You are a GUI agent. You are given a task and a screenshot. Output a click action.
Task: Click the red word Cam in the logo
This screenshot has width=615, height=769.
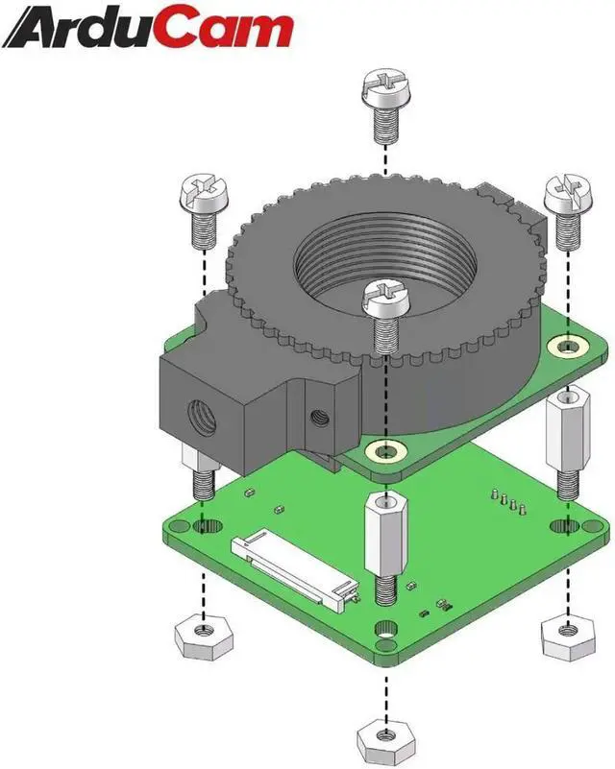pos(227,29)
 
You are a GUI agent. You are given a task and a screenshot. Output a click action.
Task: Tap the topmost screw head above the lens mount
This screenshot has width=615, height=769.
pos(385,88)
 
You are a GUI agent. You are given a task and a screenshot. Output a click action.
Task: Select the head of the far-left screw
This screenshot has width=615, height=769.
pos(202,193)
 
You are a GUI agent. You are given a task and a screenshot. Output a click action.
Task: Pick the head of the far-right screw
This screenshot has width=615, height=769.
pos(567,192)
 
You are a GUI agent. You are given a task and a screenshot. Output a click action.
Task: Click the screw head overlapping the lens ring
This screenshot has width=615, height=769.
pos(385,299)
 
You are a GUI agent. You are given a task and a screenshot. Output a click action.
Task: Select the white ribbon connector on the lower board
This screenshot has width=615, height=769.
pos(294,569)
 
